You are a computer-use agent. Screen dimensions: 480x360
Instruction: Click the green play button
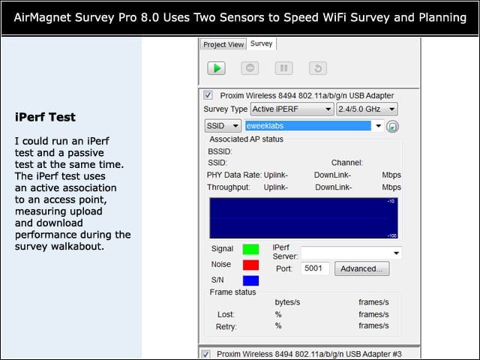[x=217, y=68]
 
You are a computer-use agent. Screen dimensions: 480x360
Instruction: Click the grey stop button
[x=250, y=68]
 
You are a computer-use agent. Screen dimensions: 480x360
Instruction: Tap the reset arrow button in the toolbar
[x=318, y=68]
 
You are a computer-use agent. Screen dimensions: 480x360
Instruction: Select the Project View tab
[x=223, y=44]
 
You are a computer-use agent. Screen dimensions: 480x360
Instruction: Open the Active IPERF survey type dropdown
[x=292, y=109]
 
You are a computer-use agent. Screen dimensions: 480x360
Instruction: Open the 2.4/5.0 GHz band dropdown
[x=367, y=109]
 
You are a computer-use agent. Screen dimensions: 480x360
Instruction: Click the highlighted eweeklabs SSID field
[x=308, y=126]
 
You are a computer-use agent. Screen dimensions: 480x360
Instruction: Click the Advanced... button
[x=361, y=268]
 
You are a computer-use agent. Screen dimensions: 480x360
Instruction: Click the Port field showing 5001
[x=315, y=268]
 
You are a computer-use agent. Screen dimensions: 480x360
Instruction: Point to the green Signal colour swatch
[x=250, y=249]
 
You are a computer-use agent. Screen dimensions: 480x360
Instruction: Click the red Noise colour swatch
[x=250, y=265]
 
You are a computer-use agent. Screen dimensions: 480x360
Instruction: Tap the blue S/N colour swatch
[x=250, y=280]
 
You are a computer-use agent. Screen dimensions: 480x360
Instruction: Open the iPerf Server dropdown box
[x=352, y=253]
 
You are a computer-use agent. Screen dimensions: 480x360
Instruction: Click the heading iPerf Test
[x=45, y=117]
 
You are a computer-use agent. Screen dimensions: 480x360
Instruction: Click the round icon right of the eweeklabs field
[x=392, y=127]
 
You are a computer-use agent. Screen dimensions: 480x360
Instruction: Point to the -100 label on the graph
[x=392, y=235]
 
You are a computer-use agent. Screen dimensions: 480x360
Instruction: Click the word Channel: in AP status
[x=346, y=163]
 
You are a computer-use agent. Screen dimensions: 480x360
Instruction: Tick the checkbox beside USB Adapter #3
[x=205, y=354]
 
